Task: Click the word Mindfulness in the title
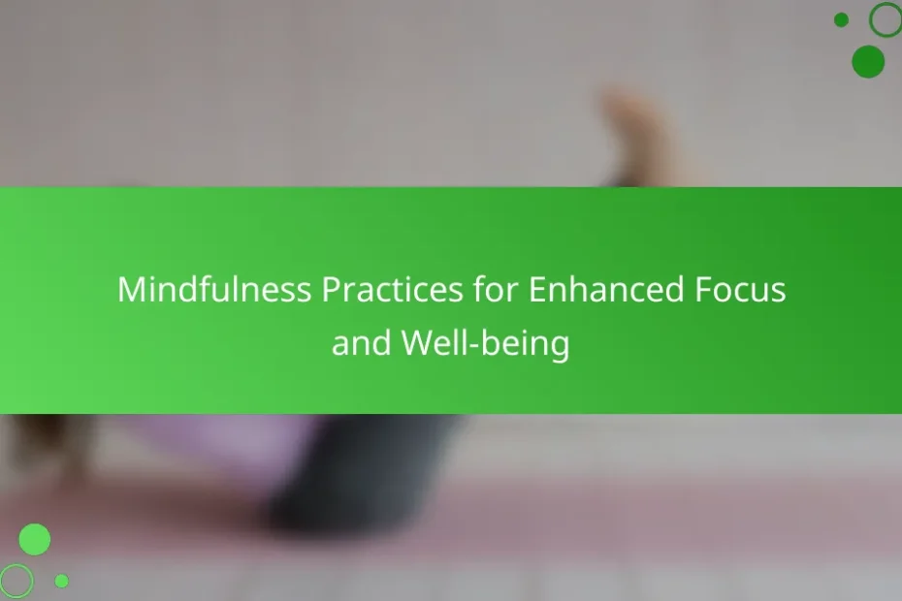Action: click(214, 289)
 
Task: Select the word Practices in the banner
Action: click(392, 289)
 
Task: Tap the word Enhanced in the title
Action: click(606, 289)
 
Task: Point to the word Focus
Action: click(740, 289)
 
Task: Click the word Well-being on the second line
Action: click(485, 343)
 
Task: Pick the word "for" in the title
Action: click(496, 289)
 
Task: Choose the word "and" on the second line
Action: click(361, 343)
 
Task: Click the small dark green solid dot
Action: click(841, 20)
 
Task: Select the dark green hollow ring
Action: click(870, 20)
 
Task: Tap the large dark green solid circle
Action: click(868, 61)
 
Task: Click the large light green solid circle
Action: click(35, 540)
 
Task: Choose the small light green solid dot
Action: click(61, 581)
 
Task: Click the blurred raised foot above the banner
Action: click(632, 135)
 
